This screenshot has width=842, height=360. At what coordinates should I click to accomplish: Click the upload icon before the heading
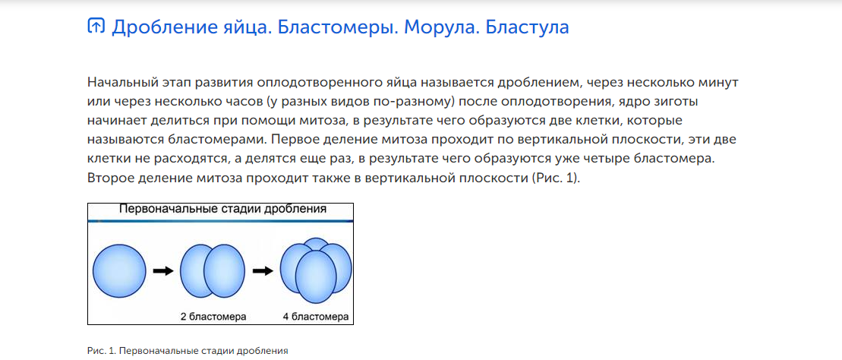pos(96,26)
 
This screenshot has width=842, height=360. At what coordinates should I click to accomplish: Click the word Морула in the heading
pos(440,27)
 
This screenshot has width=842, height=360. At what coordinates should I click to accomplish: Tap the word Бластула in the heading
pos(527,27)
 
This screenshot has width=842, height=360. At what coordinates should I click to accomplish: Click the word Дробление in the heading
pos(162,27)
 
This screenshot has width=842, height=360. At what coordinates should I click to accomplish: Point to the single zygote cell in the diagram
pos(119,270)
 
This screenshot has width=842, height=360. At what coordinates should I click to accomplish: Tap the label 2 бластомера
pos(213,317)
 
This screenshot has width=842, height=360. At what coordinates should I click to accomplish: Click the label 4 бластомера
pos(316,317)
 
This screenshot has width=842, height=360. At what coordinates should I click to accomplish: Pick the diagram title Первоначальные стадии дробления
pos(222,210)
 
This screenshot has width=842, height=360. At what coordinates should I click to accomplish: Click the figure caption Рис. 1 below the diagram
pos(188,351)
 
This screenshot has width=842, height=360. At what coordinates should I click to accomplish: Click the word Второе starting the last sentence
pos(111,178)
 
